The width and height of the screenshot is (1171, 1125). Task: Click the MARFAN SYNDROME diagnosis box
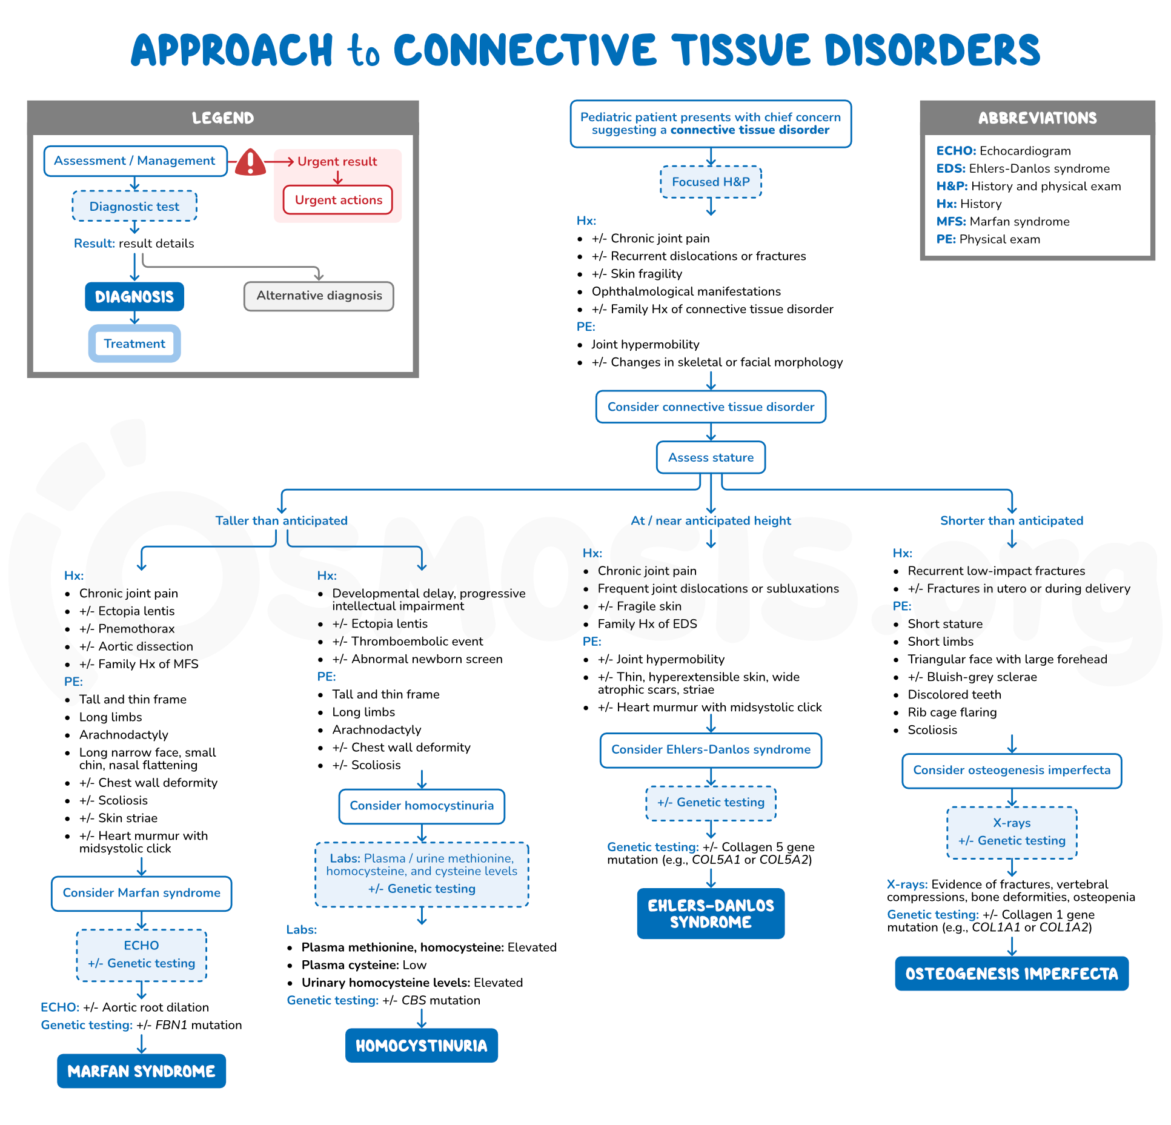pos(141,1070)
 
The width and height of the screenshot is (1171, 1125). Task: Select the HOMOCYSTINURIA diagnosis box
pos(421,1045)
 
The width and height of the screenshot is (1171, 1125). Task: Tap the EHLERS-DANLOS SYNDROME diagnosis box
pos(711,913)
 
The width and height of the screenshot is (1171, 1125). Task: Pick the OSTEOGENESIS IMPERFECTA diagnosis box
pos(1011,973)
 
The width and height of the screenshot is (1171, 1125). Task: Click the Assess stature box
pos(711,457)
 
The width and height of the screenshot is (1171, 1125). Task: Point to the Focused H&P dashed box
pos(711,182)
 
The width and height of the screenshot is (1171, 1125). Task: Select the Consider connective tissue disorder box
pos(711,407)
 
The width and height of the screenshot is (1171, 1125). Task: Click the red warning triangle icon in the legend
pos(250,162)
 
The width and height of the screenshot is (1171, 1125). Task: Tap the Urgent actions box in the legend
pos(338,200)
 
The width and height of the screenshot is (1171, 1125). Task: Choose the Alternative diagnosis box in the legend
pos(319,296)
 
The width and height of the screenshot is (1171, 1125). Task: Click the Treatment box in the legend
pos(134,343)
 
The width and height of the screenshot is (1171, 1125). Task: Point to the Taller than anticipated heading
pos(281,520)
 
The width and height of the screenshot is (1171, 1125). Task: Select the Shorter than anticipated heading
pos(1011,520)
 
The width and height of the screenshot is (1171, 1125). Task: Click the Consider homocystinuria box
pos(421,806)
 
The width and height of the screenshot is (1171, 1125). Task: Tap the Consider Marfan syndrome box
pos(141,893)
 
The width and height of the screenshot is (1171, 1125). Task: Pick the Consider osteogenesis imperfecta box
pos(1011,771)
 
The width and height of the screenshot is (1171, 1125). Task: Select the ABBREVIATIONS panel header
pos(1037,118)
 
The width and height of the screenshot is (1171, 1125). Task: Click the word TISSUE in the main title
pos(741,50)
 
